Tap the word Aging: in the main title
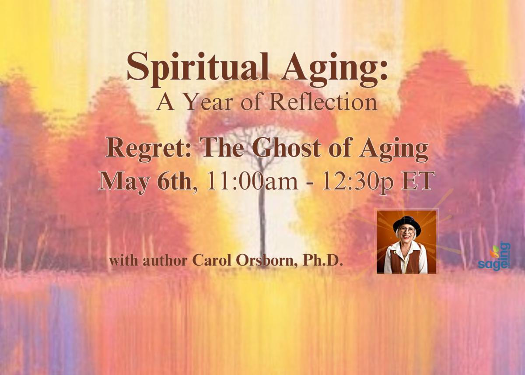334,70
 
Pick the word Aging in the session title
394,150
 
